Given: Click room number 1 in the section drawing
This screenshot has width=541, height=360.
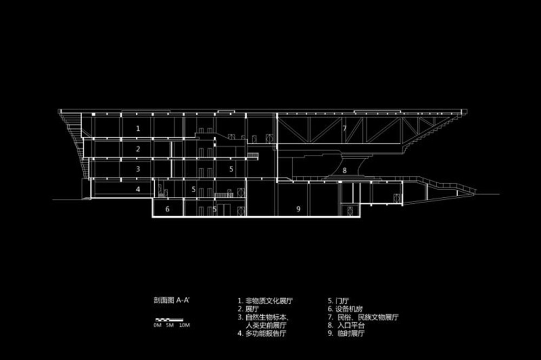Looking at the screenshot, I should coord(138,129).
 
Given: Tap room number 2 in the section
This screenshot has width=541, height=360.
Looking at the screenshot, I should coord(138,149).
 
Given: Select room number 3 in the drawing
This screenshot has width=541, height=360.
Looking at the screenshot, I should coord(138,169).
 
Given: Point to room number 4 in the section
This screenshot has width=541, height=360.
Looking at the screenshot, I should coord(138,189).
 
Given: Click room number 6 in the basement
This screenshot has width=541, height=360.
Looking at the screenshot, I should coord(168,208).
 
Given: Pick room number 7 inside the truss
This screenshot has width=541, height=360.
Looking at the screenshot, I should coord(344,129).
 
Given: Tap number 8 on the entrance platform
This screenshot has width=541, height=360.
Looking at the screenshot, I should coord(344,170).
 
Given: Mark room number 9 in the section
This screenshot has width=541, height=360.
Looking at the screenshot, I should coord(298,208).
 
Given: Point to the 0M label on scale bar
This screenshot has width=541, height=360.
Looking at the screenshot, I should coord(157,325).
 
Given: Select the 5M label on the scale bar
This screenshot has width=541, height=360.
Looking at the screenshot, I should coord(169,325).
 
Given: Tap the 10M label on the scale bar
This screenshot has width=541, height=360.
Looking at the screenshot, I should coord(184,325).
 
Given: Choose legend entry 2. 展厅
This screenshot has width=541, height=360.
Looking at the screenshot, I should coord(249,308).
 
